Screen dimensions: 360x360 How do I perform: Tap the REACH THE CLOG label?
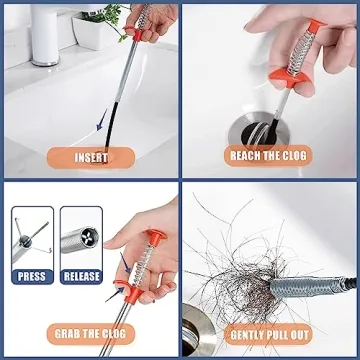coord(271,157)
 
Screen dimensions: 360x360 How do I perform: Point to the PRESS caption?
coord(31,275)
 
